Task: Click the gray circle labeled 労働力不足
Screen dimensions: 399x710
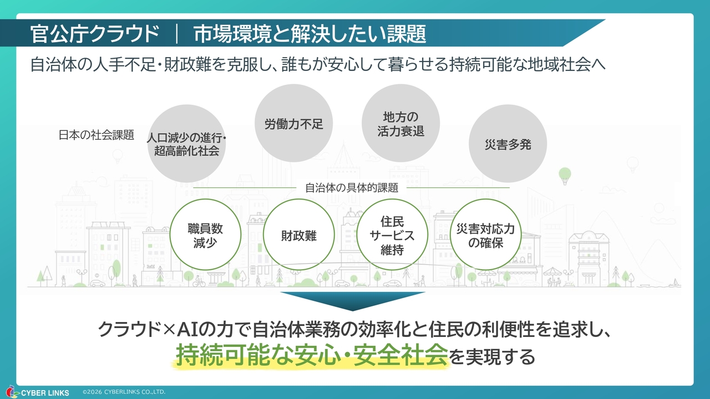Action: [293, 124]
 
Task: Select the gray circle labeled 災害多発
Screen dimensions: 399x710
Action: [508, 144]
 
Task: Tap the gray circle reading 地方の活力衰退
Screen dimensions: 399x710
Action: [400, 124]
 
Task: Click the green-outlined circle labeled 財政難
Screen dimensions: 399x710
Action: [299, 235]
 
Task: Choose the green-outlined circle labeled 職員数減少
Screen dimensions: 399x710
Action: [205, 235]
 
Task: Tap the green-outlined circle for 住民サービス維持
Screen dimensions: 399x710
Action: [392, 235]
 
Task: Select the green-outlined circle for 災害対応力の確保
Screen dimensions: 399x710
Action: [486, 235]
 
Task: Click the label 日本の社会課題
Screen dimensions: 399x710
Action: [97, 135]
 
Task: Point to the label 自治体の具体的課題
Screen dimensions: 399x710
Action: [352, 187]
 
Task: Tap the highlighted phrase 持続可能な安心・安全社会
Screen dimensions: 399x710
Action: [311, 355]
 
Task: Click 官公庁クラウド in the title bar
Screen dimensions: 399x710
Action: [95, 34]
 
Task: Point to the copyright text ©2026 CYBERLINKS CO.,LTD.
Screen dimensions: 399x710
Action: [124, 392]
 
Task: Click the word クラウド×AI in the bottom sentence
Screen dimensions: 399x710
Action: [145, 330]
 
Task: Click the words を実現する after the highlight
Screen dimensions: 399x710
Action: [492, 356]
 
